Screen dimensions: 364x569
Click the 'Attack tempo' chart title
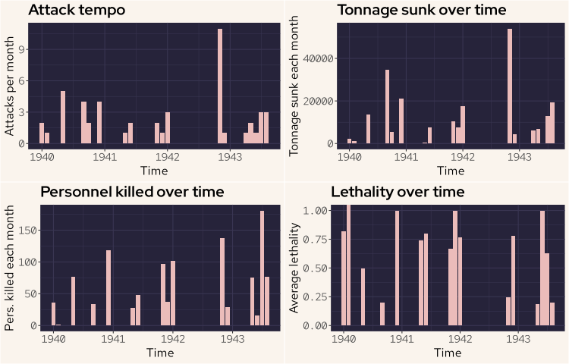click(x=77, y=11)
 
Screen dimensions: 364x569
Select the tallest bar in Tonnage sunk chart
click(x=510, y=86)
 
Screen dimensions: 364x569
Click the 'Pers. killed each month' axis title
click(x=10, y=267)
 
